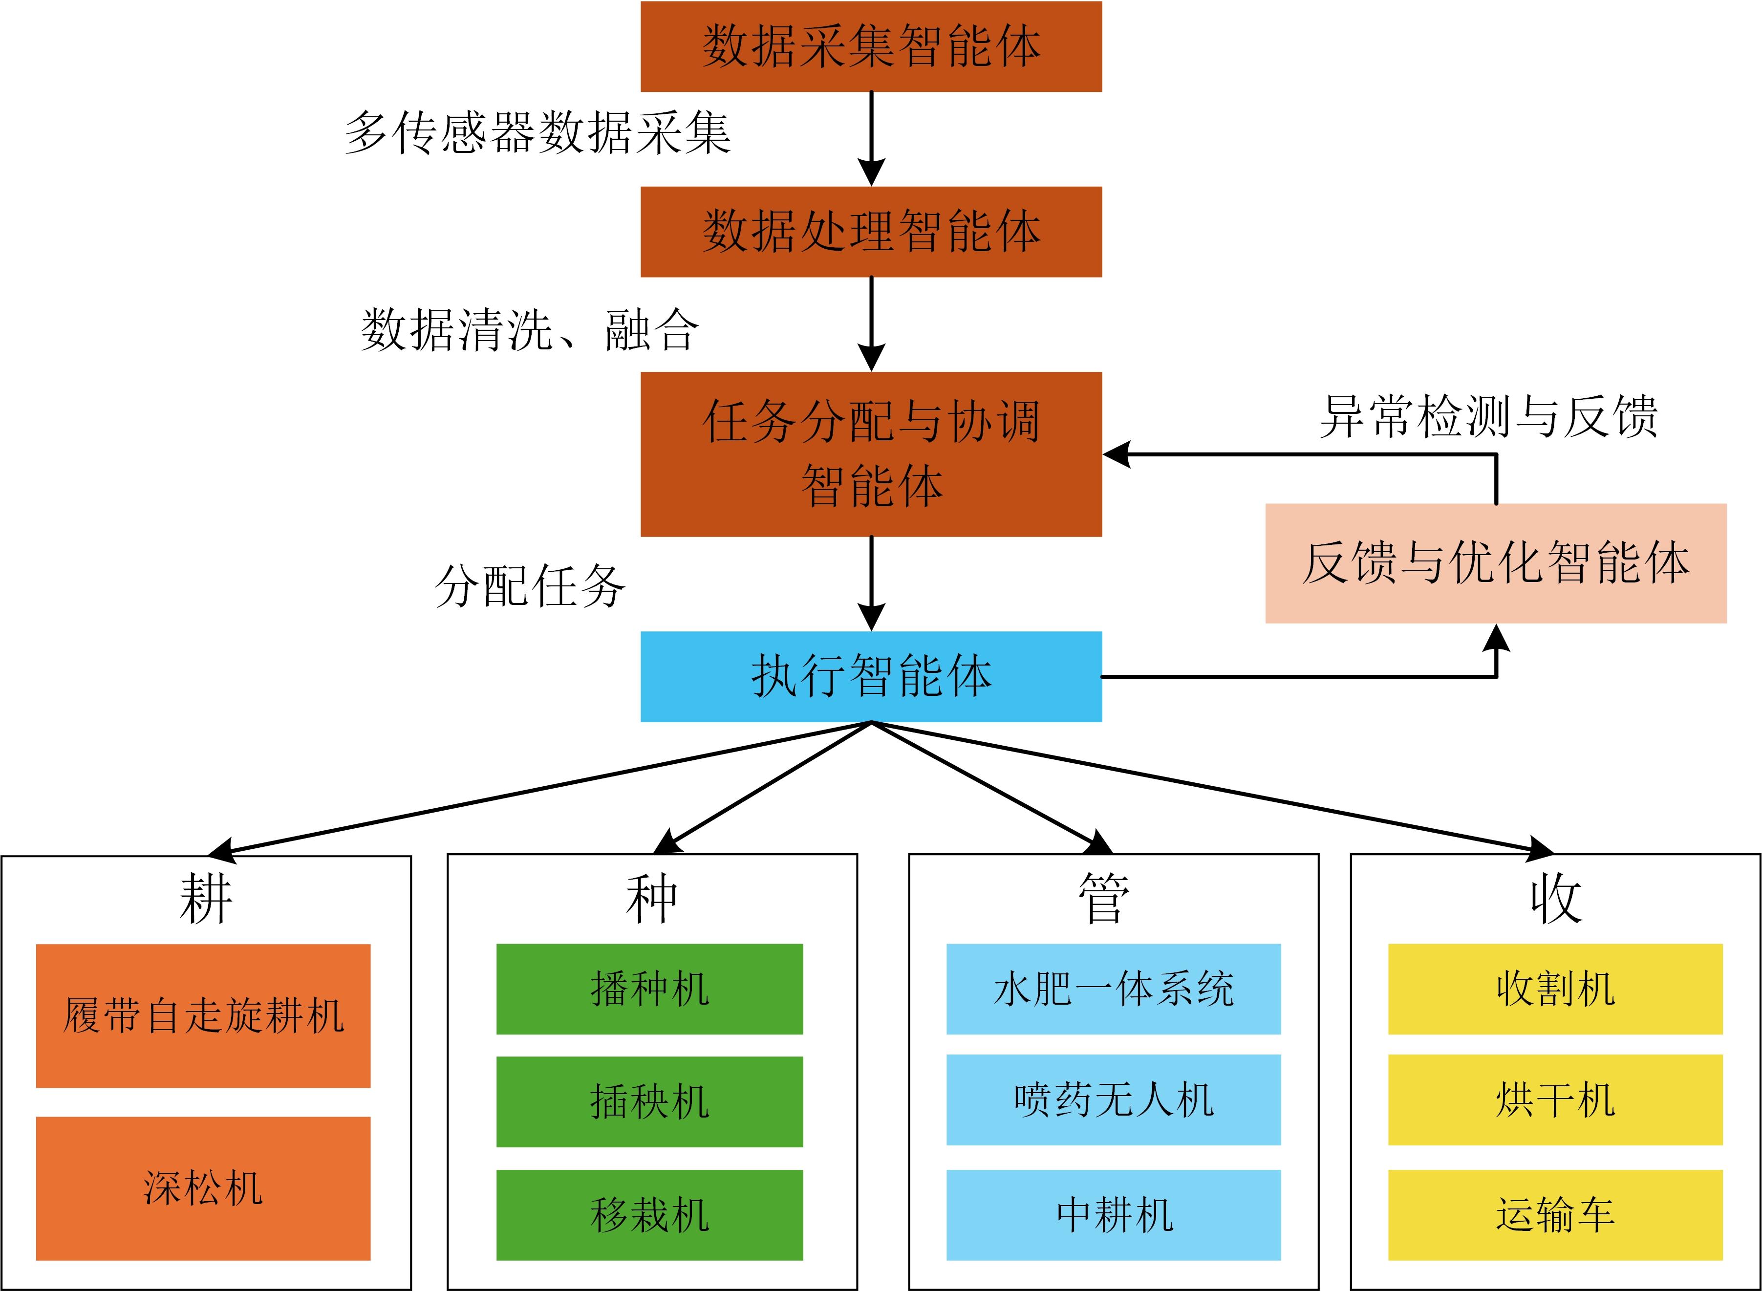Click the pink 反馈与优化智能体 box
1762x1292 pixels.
(1495, 563)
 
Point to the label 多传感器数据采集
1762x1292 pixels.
(538, 133)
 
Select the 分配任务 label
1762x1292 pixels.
(530, 586)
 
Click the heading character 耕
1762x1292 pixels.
(206, 900)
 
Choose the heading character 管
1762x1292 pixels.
(1103, 900)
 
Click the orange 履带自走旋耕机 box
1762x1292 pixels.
(203, 1015)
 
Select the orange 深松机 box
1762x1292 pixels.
(203, 1188)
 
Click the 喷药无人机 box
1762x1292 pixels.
(1113, 1099)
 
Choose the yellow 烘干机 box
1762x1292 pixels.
(1555, 1099)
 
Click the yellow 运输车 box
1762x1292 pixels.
(1555, 1215)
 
